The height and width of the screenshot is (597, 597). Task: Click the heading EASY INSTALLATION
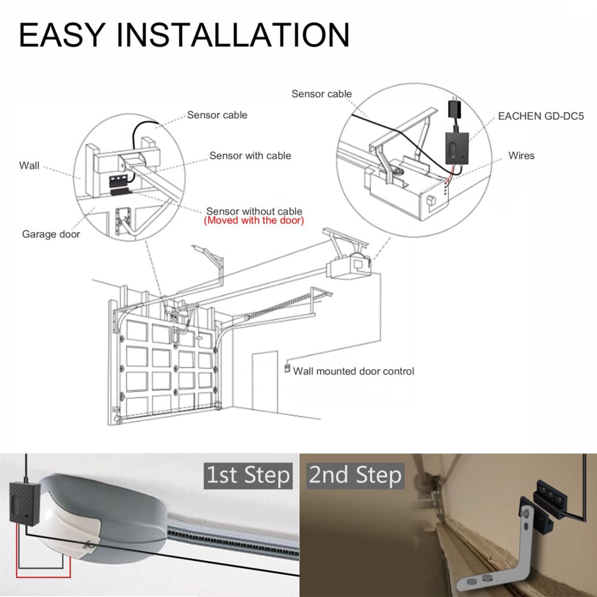coord(184,35)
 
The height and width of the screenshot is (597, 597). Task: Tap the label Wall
coord(29,165)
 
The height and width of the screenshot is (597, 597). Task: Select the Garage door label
coord(51,234)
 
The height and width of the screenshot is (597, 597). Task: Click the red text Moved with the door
coord(254,221)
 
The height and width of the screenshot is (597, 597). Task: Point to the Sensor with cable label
coord(250,156)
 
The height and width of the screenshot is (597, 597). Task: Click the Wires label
coord(521,156)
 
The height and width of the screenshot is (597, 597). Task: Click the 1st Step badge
coord(248,475)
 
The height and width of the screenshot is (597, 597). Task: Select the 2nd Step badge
coord(356,475)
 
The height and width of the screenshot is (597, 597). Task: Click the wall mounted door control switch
coord(287,369)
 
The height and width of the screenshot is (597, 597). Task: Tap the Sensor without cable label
coord(254,211)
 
